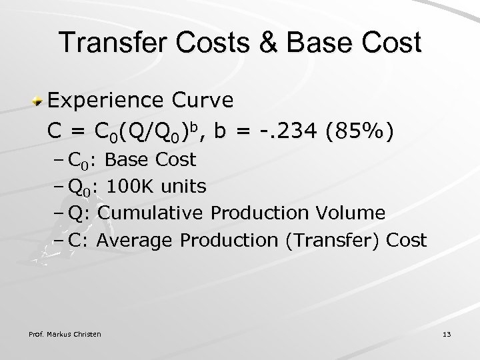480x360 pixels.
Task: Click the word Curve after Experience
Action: coord(203,101)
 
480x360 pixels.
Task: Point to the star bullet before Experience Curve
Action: coord(40,101)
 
